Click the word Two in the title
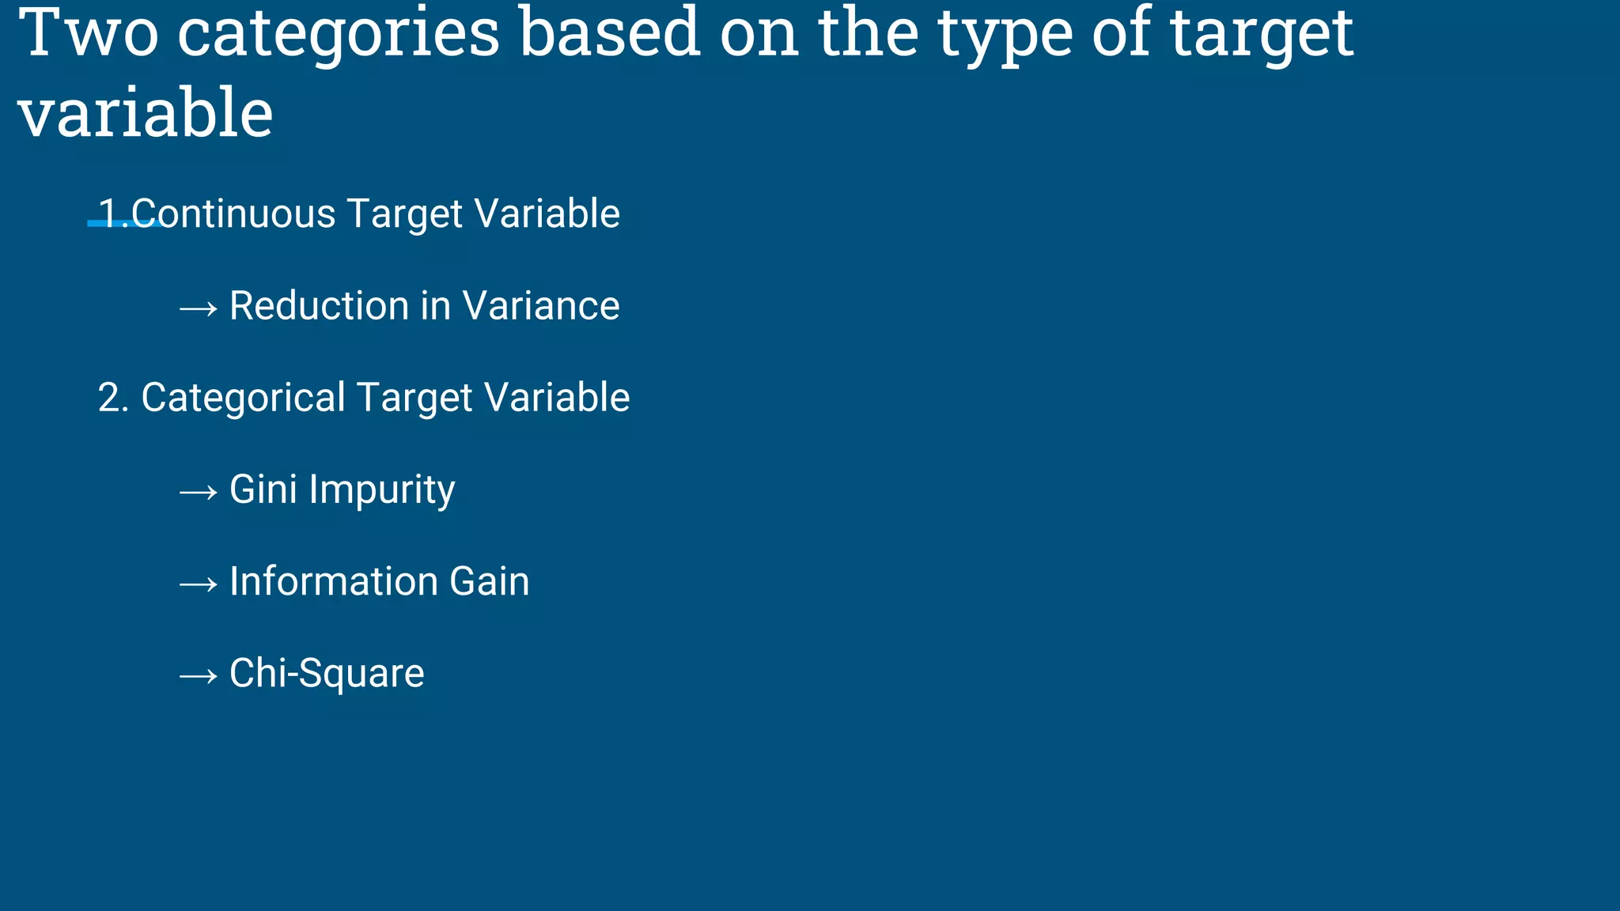click(89, 33)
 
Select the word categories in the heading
click(339, 35)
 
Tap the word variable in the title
click(146, 114)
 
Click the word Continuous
click(234, 214)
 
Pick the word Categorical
click(243, 398)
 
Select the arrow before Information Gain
click(198, 584)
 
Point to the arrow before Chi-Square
click(198, 675)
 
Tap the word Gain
click(490, 581)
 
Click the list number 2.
click(109, 398)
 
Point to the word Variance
click(541, 306)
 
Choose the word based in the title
click(610, 33)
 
